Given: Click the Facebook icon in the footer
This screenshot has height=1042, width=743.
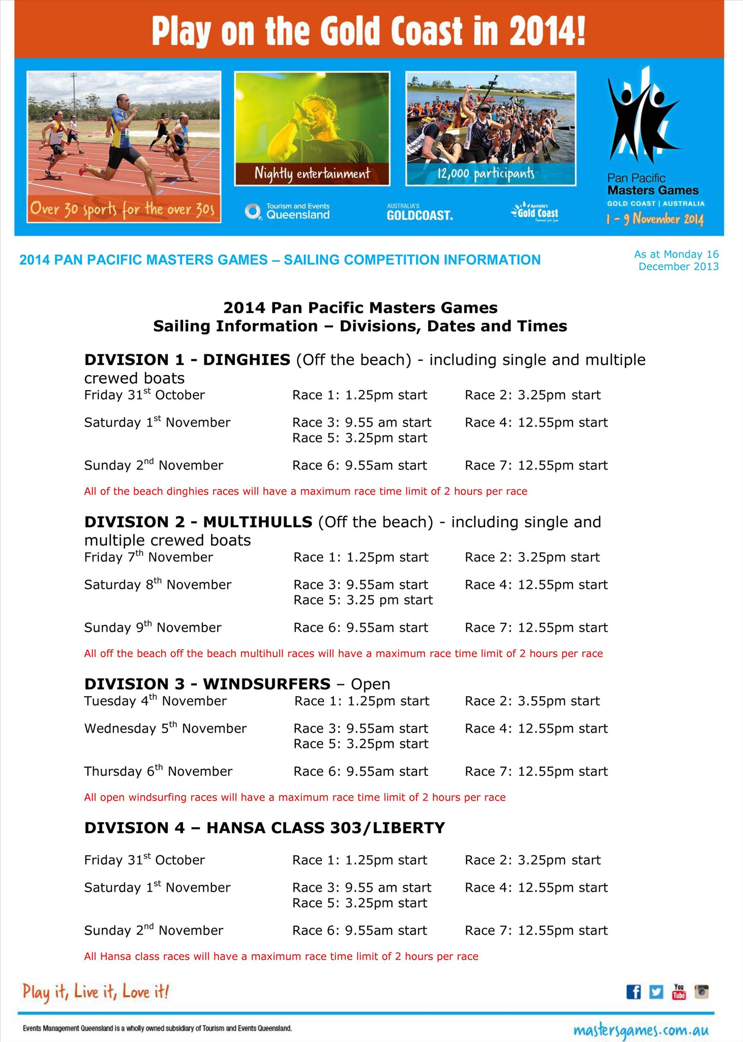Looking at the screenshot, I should (633, 992).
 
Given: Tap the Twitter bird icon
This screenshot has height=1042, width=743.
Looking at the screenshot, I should (656, 992).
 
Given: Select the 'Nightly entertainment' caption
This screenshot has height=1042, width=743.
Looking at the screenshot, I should (312, 174).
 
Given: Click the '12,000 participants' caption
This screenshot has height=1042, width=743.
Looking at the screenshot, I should (485, 174).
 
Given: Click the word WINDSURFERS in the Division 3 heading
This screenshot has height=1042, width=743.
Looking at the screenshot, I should (267, 684).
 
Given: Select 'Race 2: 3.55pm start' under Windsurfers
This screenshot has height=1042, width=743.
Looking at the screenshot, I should (532, 701).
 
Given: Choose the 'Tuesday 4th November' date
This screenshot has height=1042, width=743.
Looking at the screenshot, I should (155, 701).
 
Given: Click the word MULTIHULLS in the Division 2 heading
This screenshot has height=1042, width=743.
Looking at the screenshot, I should (258, 522).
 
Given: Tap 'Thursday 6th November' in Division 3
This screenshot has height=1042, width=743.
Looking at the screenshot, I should (158, 771).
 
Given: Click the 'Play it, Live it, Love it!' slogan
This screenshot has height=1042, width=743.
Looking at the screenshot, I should (96, 992).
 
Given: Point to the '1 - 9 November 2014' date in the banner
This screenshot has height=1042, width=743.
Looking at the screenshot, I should (655, 219).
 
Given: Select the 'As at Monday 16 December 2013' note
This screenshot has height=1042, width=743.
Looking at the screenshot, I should (676, 260).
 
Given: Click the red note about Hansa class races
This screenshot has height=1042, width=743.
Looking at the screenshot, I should (281, 956).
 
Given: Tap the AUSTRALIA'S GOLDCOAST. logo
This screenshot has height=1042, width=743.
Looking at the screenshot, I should (419, 213).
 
